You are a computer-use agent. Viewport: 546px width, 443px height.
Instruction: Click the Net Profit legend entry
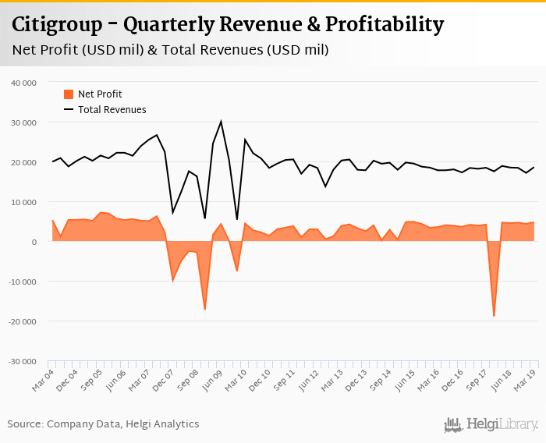pos(100,94)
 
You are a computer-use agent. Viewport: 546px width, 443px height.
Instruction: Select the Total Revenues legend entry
pos(112,110)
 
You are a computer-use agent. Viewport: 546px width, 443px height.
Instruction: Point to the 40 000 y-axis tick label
pos(24,83)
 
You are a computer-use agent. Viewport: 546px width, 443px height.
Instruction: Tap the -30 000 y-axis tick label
pos(23,362)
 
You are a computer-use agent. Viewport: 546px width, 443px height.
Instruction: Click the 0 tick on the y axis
pos(35,242)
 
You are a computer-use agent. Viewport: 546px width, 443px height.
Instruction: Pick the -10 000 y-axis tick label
pos(23,282)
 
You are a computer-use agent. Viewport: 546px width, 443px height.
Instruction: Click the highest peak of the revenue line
pos(221,121)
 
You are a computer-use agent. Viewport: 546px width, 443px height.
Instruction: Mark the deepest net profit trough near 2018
pos(494,316)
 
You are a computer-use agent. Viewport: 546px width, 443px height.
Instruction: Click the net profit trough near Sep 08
pos(204,310)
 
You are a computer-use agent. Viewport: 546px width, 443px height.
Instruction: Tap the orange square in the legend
pos(69,94)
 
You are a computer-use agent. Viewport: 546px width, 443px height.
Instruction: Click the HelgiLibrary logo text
pos(502,425)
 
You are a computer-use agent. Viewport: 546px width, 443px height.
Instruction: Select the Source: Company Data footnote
pos(103,424)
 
